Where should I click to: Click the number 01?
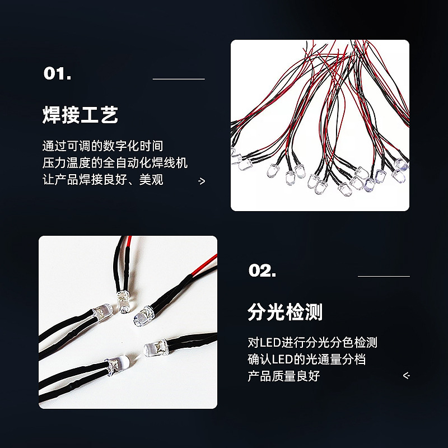click(57, 74)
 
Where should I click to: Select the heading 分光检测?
click(285, 311)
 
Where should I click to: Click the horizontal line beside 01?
click(179, 79)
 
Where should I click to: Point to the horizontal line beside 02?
click(384, 276)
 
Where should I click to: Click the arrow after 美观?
click(202, 181)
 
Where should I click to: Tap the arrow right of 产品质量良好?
click(407, 376)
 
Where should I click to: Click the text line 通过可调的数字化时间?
click(103, 146)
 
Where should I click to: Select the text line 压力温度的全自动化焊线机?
click(115, 163)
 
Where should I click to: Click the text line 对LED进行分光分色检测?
click(312, 342)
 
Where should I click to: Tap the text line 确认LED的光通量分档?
click(306, 359)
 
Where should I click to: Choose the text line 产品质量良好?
click(283, 376)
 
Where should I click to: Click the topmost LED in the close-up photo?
click(121, 298)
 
